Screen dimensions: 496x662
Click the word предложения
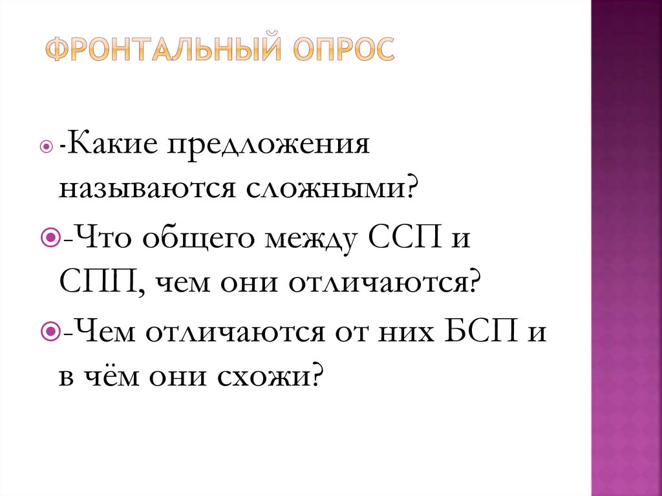click(270, 146)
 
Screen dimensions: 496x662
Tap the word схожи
click(269, 376)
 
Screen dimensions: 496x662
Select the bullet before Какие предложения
click(45, 146)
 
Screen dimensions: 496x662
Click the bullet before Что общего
click(48, 239)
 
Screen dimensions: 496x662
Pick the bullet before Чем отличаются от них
click(48, 332)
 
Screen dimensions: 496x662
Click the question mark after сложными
click(412, 189)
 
